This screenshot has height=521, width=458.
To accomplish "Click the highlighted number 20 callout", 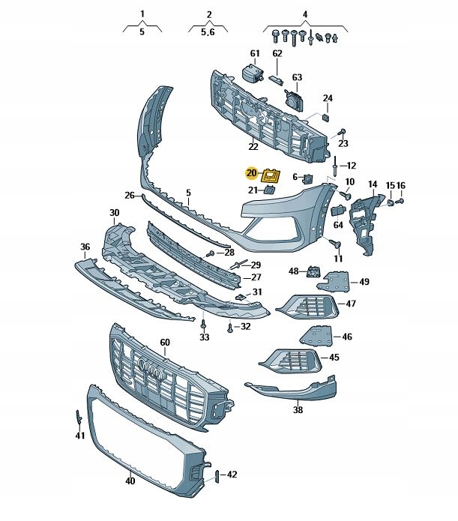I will pos(251,173).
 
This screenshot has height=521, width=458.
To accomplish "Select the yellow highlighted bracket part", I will pos(269,176).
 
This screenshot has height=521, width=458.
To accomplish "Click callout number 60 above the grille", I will pos(165,343).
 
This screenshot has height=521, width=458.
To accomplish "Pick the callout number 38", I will pos(298,410).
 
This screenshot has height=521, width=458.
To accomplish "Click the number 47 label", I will pos(351,304).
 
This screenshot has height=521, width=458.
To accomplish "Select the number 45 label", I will pos(334,358).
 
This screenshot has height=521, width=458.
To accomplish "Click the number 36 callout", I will pos(85,247).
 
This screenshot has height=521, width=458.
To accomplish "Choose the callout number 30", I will pos(114,213).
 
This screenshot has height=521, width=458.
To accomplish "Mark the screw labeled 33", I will pos(203,323).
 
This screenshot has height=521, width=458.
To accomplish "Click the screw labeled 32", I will pos(230,328).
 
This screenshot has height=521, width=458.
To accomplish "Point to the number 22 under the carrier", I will pos(253,146).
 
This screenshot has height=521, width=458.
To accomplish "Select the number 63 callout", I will pos(297,77).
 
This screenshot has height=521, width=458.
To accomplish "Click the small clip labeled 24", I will pos(326,115).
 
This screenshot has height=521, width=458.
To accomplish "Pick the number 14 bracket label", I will pos(373,184).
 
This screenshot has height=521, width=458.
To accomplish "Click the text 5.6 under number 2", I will pos(208,32).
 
